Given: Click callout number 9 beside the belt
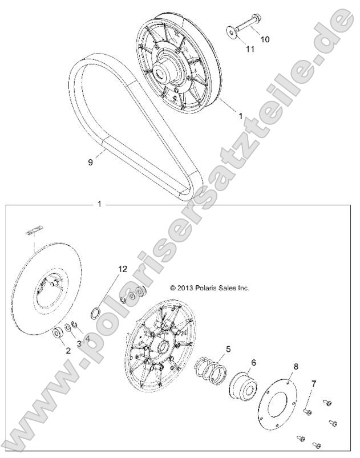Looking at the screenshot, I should point(90,163).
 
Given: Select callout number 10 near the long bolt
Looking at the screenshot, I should point(265,39).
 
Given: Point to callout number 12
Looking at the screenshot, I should point(122,268).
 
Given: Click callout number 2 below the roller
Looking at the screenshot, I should point(67,351).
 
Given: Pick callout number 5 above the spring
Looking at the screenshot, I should point(228,348).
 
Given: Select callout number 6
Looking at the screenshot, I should point(253,362).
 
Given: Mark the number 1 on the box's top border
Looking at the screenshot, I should point(100,204).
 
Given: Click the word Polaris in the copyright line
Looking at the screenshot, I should point(209,289).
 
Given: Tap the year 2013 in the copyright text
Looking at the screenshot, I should point(186,289).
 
